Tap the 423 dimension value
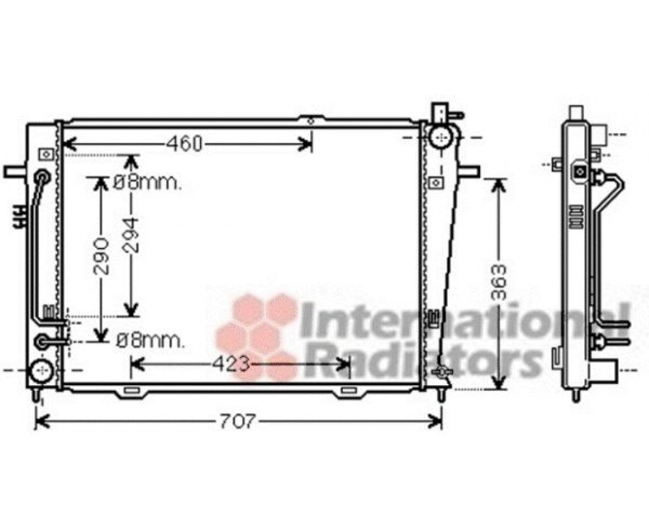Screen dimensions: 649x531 [x=232, y=364]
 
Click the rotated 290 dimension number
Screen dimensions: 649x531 [x=101, y=256]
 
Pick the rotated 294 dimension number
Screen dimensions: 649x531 [x=132, y=235]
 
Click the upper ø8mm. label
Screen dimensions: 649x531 [x=147, y=182]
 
